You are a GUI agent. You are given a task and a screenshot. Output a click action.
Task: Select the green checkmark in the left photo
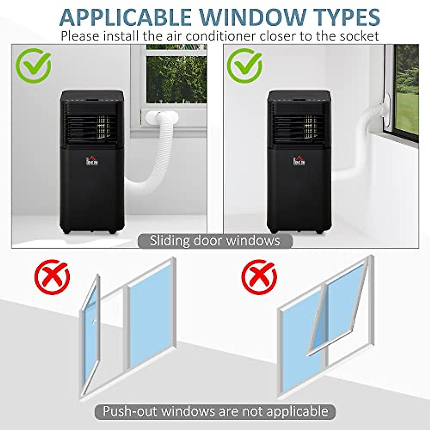tap(35, 66)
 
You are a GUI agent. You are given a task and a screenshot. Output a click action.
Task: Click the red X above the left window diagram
tap(52, 277)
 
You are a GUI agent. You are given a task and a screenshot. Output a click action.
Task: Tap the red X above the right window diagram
tap(259, 277)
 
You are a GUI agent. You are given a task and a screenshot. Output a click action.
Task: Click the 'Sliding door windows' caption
tap(215, 240)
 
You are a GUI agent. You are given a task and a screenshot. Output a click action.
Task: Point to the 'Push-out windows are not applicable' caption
tap(215, 411)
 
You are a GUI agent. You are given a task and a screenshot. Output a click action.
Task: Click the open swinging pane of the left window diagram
tap(89, 337)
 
